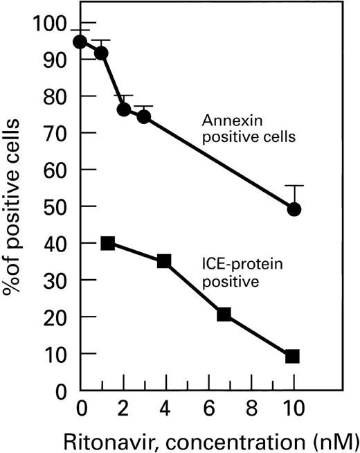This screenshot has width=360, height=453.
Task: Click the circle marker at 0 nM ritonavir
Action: tap(80, 42)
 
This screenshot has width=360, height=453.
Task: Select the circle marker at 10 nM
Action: tap(294, 209)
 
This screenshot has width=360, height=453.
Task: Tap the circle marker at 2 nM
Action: tap(124, 109)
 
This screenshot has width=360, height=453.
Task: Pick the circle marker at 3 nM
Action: tap(144, 116)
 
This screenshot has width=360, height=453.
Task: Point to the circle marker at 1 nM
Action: tap(102, 53)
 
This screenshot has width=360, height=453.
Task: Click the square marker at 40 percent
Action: tap(107, 243)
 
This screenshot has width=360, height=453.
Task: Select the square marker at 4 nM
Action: tap(164, 261)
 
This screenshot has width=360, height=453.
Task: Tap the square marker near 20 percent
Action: tap(224, 314)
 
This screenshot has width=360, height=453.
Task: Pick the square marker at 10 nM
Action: tap(293, 356)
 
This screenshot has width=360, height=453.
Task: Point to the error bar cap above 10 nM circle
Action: tap(294, 186)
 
